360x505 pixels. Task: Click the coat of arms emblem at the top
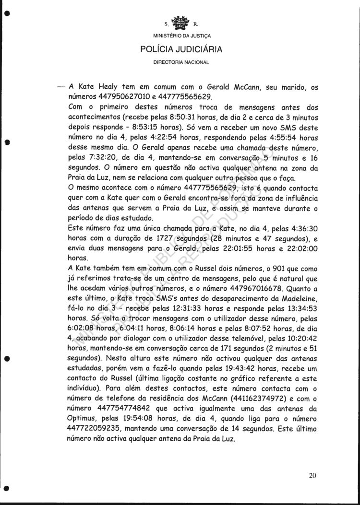click(180, 22)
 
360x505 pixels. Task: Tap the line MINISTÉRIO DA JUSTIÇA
click(180, 36)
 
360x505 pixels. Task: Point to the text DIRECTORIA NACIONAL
click(180, 62)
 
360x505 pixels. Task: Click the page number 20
click(313, 476)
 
